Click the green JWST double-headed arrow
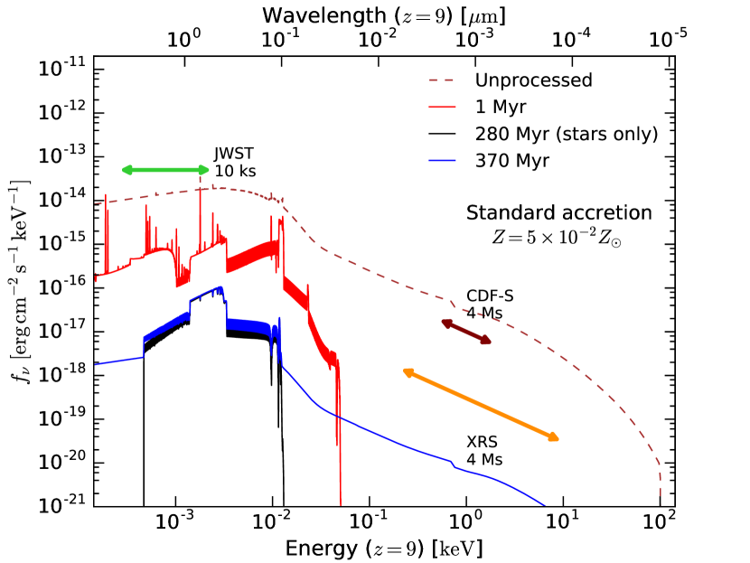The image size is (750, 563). tap(165, 170)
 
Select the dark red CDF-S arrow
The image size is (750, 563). tap(466, 332)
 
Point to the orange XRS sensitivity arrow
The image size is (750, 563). tap(481, 404)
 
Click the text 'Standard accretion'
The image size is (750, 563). tap(558, 213)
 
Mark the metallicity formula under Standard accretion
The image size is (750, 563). tap(558, 238)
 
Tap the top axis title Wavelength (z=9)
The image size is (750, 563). tap(383, 15)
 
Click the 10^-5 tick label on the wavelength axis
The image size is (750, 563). tap(670, 41)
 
